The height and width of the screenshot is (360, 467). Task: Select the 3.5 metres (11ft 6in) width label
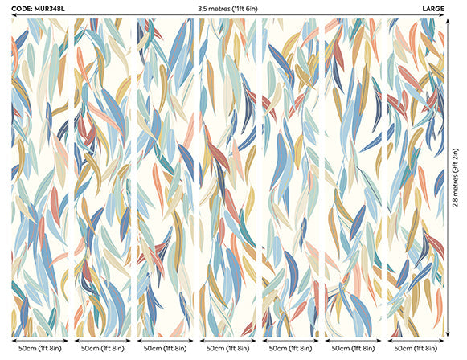(x=233, y=8)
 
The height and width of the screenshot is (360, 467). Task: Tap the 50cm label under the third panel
(x=166, y=349)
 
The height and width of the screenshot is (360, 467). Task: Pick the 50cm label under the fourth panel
(x=229, y=349)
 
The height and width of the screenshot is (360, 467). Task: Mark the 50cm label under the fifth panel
(x=292, y=349)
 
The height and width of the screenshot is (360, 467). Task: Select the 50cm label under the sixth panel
(x=354, y=349)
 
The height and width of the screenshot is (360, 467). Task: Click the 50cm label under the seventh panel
(x=417, y=349)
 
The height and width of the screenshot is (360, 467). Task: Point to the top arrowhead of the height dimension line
(x=447, y=22)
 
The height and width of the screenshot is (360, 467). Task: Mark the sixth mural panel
(x=354, y=177)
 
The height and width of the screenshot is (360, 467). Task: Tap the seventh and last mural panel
(x=415, y=177)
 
